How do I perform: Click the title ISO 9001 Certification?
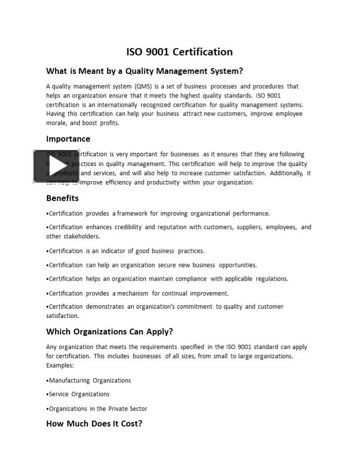(x=179, y=52)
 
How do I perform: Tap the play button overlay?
(x=56, y=166)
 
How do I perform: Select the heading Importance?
(x=68, y=139)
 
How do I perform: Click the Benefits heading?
(x=62, y=198)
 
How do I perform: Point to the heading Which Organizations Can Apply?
(x=109, y=332)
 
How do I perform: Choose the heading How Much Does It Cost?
(x=94, y=423)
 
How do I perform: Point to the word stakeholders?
(x=81, y=236)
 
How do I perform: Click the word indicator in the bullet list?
(x=116, y=251)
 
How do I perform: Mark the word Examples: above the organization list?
(x=60, y=365)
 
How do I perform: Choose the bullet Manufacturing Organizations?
(x=89, y=381)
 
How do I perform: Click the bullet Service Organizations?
(x=79, y=394)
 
